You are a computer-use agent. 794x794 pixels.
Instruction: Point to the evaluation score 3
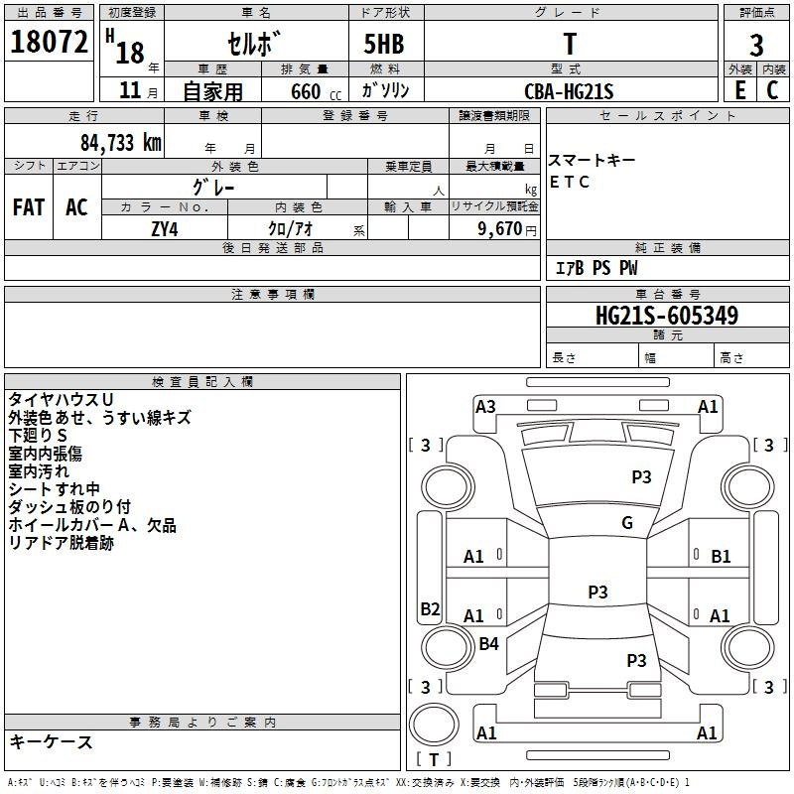click(x=756, y=45)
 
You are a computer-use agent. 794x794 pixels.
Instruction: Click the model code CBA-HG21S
click(x=569, y=91)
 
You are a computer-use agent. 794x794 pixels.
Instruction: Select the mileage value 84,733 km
click(x=112, y=142)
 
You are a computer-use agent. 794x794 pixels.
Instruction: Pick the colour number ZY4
click(x=164, y=227)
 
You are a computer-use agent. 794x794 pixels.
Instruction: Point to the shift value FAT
click(x=28, y=207)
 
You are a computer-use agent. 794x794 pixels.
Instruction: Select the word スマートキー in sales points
click(x=592, y=161)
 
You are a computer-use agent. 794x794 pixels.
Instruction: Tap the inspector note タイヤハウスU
click(x=61, y=399)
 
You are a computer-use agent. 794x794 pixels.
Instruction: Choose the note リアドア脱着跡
click(x=61, y=543)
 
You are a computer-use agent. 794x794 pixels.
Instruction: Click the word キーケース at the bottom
click(x=51, y=742)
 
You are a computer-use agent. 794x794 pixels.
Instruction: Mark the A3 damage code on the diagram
click(x=485, y=406)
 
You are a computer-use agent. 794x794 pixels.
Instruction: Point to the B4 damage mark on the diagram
click(x=488, y=644)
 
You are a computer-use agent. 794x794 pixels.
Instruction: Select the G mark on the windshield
click(x=627, y=523)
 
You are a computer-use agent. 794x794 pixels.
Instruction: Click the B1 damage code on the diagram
click(x=721, y=557)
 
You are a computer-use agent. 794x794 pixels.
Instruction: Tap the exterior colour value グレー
click(x=213, y=186)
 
